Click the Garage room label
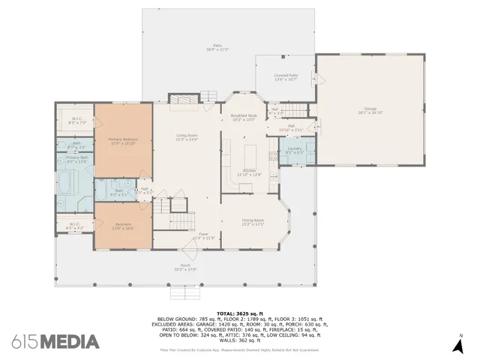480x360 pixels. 370,110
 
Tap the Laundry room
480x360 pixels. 294,150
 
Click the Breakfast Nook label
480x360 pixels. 244,118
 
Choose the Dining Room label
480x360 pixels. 252,222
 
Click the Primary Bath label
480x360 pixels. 76,159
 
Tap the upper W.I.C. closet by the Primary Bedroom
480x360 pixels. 76,120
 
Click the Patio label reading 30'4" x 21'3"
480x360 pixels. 217,47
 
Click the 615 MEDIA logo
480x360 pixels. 56,342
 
